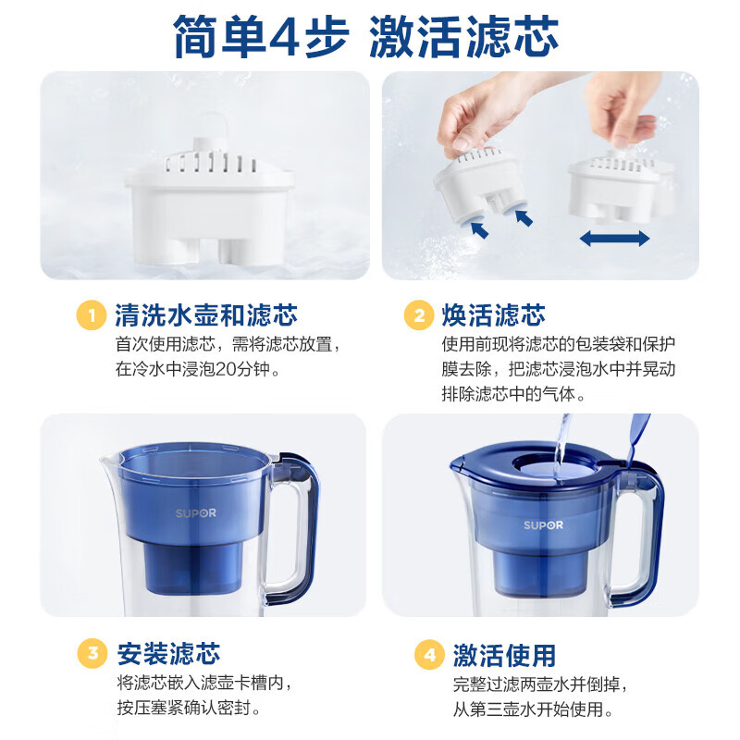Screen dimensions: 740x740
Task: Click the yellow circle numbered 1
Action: point(91,315)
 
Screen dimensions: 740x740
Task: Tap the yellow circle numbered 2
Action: point(419,315)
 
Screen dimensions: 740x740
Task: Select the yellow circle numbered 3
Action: point(92,654)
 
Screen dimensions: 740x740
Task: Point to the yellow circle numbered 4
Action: point(429,655)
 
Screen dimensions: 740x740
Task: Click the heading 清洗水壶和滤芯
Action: point(206,314)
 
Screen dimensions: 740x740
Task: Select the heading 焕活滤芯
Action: point(494,314)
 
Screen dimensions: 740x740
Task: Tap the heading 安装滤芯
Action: point(168,654)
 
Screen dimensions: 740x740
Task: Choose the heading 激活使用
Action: point(504,655)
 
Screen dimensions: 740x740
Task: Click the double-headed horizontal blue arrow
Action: point(614,239)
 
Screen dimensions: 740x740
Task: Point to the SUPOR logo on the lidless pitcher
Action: point(196,513)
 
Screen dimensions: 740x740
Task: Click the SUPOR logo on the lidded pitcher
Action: point(543,525)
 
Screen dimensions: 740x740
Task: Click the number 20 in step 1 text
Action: point(226,369)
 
